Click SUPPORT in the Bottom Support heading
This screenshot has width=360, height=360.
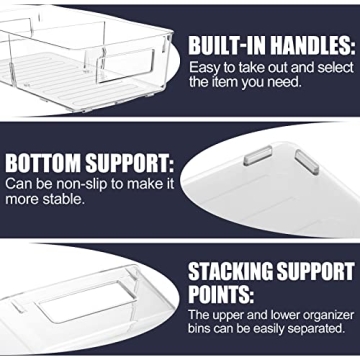pos(127,163)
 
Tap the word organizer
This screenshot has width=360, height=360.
pos(325,313)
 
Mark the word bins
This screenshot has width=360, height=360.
pos(203,329)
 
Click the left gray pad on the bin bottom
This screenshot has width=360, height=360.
pos(258,155)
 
